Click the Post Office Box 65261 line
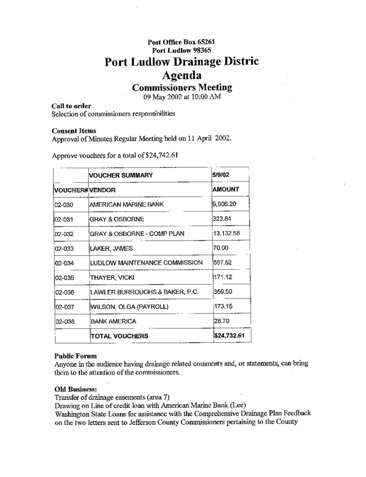pos(181,42)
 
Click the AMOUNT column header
pos(225,190)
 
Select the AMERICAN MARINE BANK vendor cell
pos(126,204)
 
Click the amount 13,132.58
pos(228,233)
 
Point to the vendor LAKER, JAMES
pos(111,249)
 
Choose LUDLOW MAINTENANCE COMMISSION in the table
pos(146,263)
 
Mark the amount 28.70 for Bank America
pos(221,321)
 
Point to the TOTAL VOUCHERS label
pos(119,336)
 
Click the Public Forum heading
pos(75,356)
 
